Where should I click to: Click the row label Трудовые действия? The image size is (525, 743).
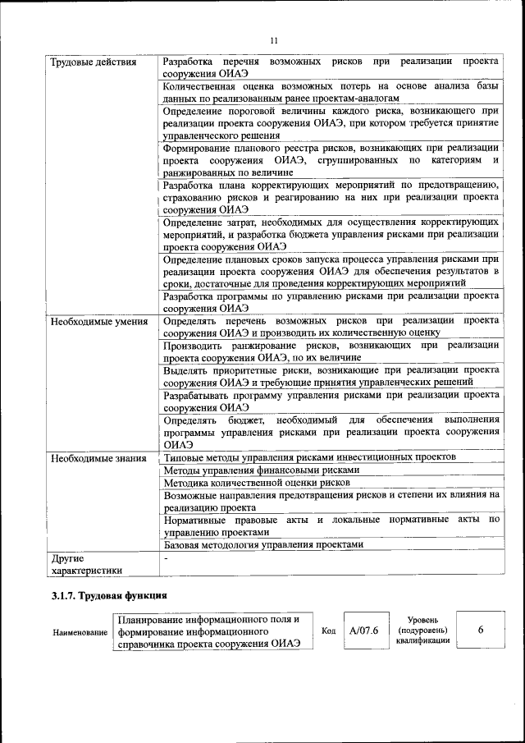[93, 62]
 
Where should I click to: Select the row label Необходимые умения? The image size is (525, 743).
[98, 321]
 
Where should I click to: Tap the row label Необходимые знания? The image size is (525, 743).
[98, 458]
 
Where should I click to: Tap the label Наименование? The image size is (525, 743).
[80, 631]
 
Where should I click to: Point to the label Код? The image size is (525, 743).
[329, 631]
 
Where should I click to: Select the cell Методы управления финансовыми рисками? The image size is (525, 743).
[261, 470]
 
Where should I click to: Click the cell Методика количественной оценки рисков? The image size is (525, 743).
[257, 484]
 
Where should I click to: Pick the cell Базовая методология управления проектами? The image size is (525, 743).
[262, 544]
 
